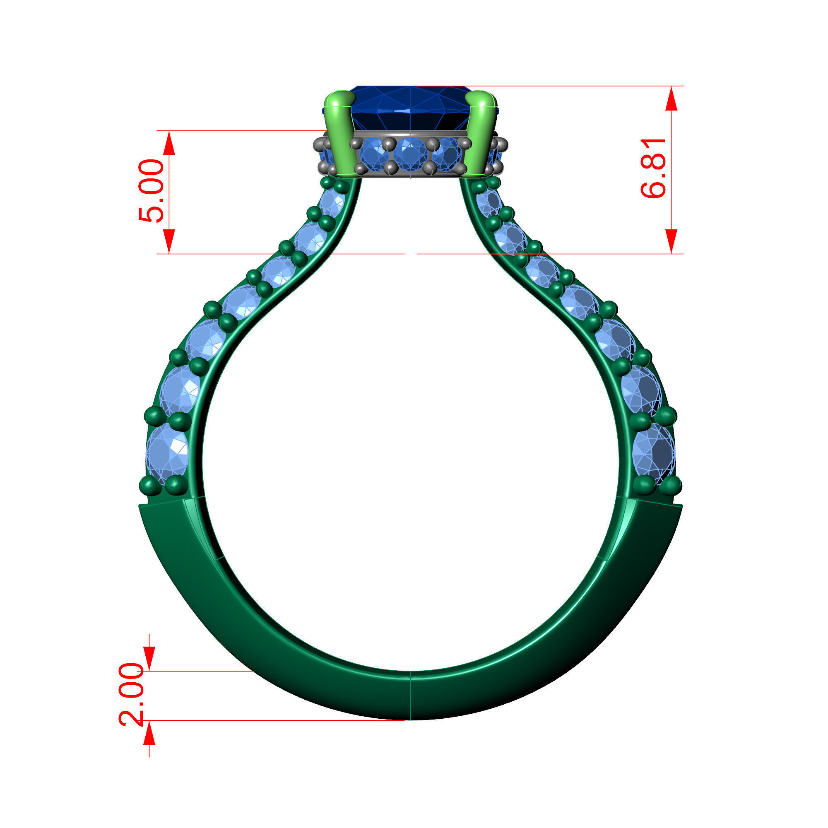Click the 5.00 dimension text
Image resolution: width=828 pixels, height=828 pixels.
click(151, 191)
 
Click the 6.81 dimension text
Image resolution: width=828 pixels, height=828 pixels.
click(653, 168)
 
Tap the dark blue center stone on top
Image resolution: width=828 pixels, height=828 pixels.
click(411, 107)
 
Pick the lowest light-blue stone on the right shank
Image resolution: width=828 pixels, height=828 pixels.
click(653, 453)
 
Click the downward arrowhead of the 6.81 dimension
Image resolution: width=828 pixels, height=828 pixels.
click(671, 241)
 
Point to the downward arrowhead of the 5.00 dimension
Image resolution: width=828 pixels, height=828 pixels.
click(169, 241)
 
